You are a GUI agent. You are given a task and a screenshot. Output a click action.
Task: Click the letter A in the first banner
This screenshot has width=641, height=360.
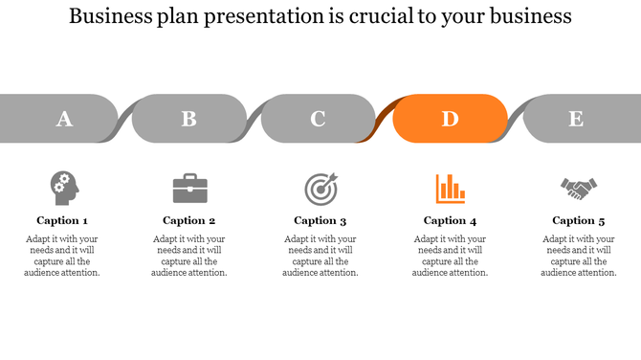coord(64,119)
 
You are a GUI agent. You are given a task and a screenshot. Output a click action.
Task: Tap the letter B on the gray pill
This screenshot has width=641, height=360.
coord(189,119)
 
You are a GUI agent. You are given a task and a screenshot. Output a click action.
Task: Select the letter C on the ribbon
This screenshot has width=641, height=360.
coord(318,119)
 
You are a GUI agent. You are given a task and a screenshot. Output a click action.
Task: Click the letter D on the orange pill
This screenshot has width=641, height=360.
coord(450,119)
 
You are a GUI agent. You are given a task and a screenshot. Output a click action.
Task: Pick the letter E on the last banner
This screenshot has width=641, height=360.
coord(576,119)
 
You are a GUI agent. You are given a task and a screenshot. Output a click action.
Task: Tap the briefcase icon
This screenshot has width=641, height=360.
coord(189,188)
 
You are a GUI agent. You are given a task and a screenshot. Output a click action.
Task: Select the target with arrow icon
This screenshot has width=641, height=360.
coord(320,188)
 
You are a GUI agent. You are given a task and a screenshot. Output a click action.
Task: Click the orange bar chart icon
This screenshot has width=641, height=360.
coord(450,188)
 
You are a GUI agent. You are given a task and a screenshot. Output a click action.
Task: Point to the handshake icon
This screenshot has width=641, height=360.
coord(579,189)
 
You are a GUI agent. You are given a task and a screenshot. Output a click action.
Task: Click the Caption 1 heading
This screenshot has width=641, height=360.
coord(62,220)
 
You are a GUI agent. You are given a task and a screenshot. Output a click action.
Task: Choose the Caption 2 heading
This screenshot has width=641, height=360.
coord(189,220)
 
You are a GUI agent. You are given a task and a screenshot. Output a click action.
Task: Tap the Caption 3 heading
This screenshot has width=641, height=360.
coord(320,220)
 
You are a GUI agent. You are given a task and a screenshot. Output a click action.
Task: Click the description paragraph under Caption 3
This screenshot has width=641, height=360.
coord(320,256)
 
